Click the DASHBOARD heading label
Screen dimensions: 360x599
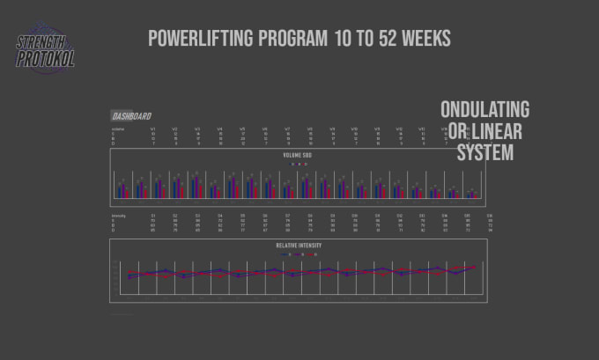[x=130, y=116]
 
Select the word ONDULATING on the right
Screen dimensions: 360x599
[x=484, y=110]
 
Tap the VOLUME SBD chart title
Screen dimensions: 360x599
[x=298, y=155]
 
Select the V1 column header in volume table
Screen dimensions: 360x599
[x=152, y=128]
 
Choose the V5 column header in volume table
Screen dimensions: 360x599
[x=242, y=128]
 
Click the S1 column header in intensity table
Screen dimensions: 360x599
[x=152, y=216]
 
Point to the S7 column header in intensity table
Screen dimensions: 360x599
[x=287, y=216]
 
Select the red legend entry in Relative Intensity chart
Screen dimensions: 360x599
[x=306, y=254]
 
